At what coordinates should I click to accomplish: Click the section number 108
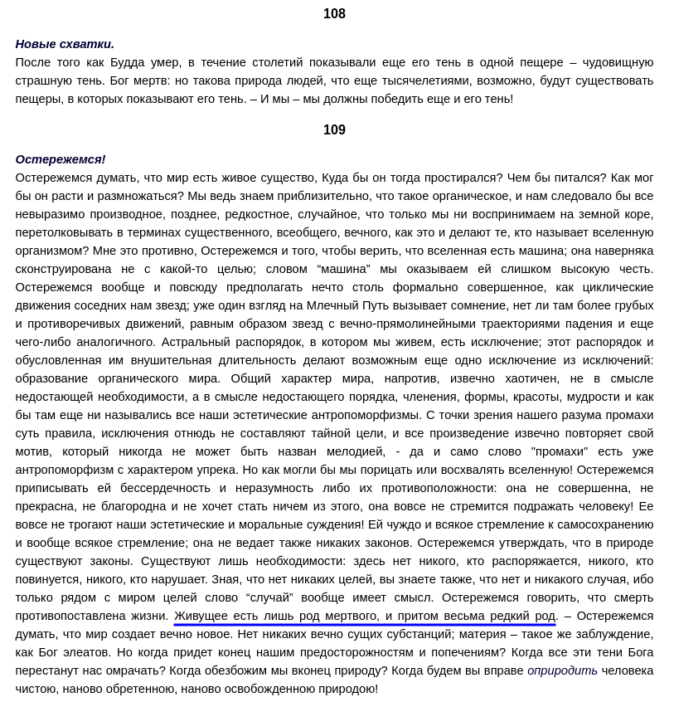[x=334, y=14]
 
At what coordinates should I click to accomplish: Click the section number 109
[x=334, y=130]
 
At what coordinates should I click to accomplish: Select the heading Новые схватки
[x=65, y=44]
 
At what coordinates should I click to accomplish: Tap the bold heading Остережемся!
[x=61, y=159]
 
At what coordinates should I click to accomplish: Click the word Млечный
[x=334, y=305]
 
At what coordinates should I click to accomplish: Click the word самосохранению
[x=605, y=524]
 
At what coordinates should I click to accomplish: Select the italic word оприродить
[x=562, y=670]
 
